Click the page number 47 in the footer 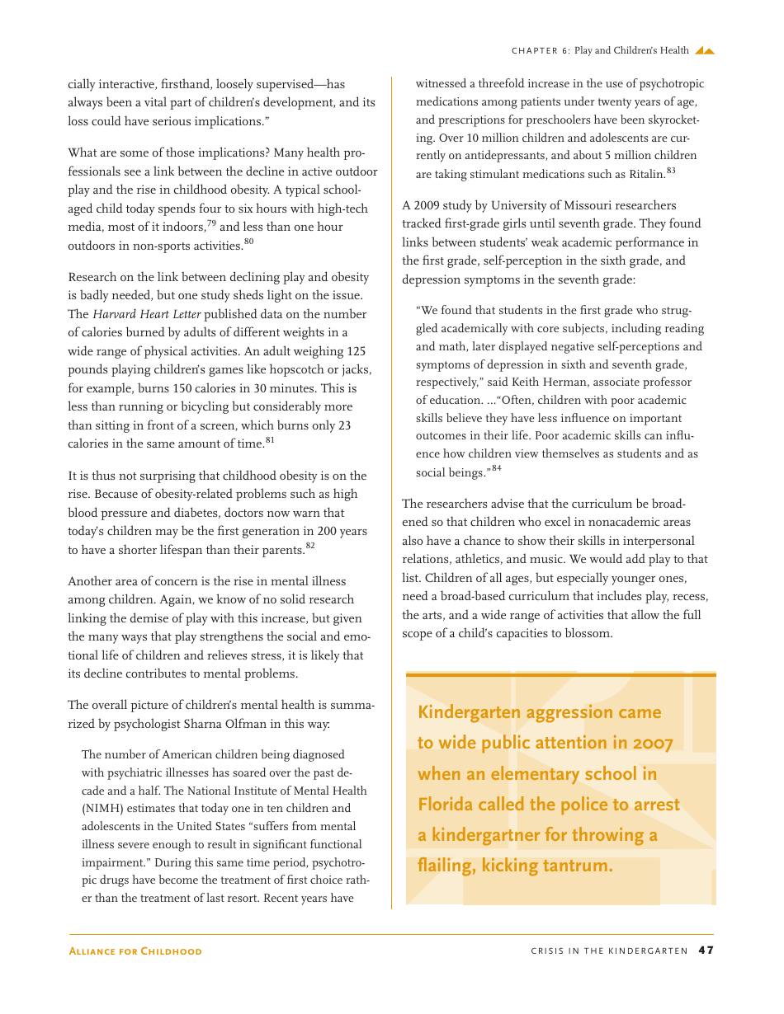706,951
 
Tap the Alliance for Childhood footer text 135,951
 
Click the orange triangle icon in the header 704,50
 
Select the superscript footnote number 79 211,223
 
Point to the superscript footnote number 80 248,241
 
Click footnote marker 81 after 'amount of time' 270,440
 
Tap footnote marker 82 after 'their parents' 310,545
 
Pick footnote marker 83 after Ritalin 671,170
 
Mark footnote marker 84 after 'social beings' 497,468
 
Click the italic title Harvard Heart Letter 147,314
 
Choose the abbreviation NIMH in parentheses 102,809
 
